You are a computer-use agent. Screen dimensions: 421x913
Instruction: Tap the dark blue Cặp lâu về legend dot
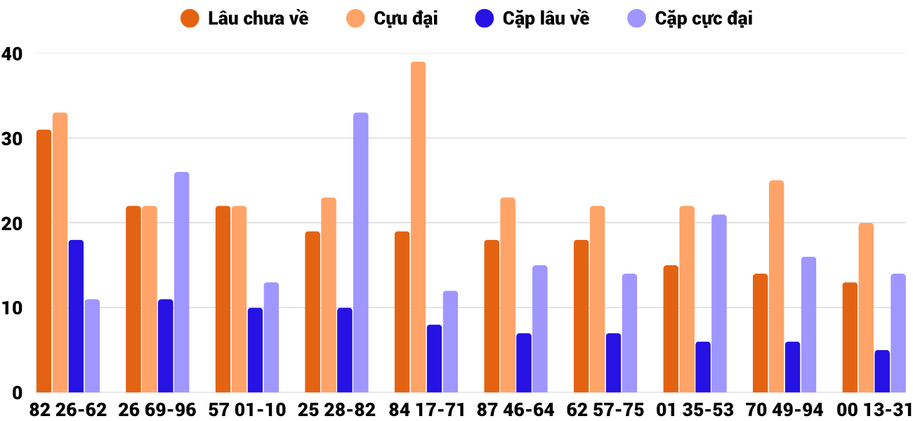pyautogui.click(x=485, y=18)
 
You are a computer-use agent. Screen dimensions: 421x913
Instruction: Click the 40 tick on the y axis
pyautogui.click(x=12, y=53)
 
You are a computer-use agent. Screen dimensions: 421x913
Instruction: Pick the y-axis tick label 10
pyautogui.click(x=12, y=308)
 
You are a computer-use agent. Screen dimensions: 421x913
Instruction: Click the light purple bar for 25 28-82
pyautogui.click(x=361, y=253)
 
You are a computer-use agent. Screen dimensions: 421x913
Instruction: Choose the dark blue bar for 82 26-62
pyautogui.click(x=76, y=316)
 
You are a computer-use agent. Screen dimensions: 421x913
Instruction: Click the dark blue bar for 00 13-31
pyautogui.click(x=882, y=371)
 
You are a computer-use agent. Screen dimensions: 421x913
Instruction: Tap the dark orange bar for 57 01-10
pyautogui.click(x=223, y=299)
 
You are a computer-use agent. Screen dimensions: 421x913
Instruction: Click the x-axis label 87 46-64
pyautogui.click(x=515, y=410)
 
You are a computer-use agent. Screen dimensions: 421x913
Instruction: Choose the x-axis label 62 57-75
pyautogui.click(x=605, y=410)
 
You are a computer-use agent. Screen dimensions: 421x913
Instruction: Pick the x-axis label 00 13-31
pyautogui.click(x=874, y=410)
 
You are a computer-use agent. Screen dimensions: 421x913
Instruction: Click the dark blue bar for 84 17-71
pyautogui.click(x=435, y=359)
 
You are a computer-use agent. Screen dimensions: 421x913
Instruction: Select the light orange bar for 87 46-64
pyautogui.click(x=508, y=295)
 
